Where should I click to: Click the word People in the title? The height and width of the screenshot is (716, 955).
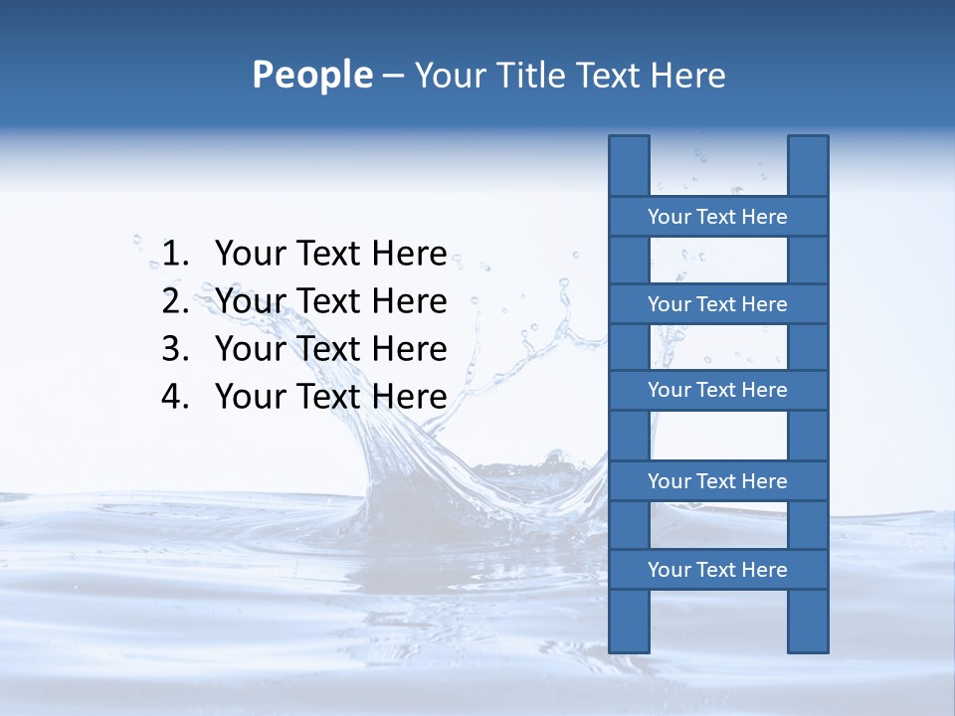pos(312,76)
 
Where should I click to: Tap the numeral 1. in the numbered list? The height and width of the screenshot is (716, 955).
pos(175,254)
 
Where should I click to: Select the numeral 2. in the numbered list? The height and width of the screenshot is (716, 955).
pos(175,301)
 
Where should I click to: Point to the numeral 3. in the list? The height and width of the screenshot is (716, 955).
pos(175,349)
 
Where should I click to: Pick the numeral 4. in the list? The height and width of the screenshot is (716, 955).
pos(175,397)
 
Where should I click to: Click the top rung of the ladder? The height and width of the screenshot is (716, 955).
pos(717,217)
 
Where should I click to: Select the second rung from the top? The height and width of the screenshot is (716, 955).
pos(717,304)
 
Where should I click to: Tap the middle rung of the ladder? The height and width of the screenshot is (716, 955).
pos(717,390)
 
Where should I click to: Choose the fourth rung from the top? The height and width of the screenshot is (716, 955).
pos(717,481)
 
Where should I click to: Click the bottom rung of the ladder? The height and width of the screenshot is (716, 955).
pos(717,570)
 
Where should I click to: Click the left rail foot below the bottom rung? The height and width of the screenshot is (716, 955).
pos(629,622)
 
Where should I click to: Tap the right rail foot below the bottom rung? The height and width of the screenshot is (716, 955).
pos(808,622)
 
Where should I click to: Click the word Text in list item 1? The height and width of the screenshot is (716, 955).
pos(328,254)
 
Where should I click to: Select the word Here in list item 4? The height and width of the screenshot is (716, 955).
pos(409,397)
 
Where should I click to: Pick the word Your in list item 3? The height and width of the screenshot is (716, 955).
pos(249,349)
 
